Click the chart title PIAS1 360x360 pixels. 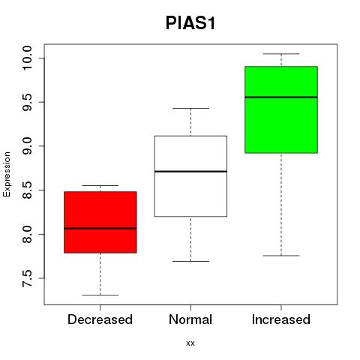190,23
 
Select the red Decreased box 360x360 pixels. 100,222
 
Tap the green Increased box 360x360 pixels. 281,109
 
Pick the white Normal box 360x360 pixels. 190,176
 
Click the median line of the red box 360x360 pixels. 100,228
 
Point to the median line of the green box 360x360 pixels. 281,97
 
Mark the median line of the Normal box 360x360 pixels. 190,172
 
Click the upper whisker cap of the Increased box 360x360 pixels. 281,54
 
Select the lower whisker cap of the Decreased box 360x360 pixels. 100,295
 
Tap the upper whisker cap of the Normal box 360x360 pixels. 190,108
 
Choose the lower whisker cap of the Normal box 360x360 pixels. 190,261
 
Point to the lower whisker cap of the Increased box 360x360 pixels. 281,256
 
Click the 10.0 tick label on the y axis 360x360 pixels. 27,58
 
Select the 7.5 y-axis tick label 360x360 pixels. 27,278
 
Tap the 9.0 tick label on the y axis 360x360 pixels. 27,146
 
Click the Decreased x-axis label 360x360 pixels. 100,319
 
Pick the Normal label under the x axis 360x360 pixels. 190,319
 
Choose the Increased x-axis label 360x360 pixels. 281,319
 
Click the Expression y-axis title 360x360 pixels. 7,174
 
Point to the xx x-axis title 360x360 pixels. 190,343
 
